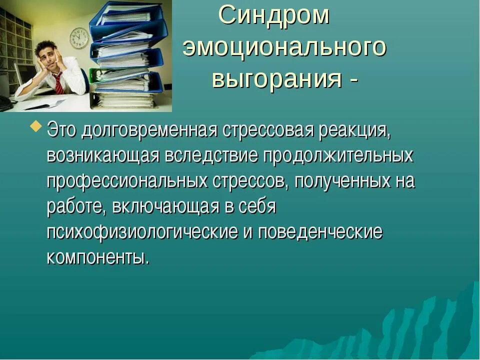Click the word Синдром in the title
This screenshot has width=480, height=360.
[274, 16]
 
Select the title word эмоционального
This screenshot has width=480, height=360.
[284, 48]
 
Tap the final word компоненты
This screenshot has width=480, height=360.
[98, 258]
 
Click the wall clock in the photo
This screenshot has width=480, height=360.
[78, 38]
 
